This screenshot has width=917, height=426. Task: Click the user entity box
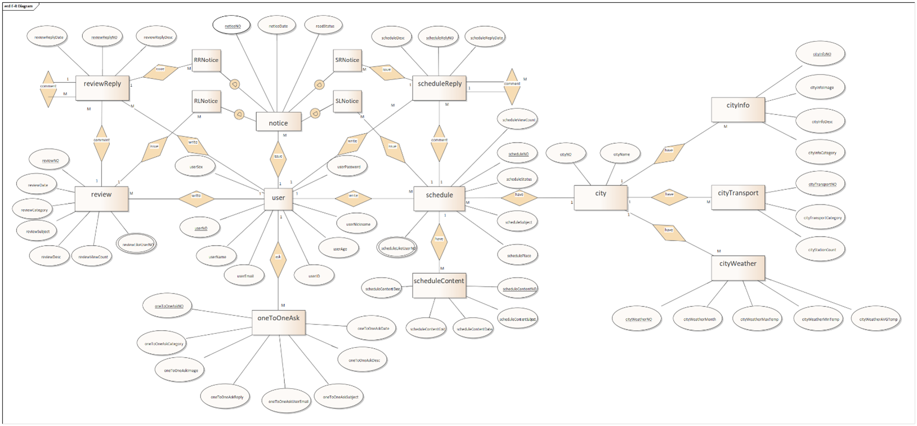pos(278,198)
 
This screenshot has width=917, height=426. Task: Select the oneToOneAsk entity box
pos(278,318)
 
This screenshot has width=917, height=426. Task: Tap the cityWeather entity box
pos(737,264)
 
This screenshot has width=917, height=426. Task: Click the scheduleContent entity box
pos(439,281)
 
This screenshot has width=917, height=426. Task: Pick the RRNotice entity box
pos(205,60)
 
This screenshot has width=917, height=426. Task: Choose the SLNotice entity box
pos(347,101)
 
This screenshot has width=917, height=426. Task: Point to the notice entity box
pos(278,123)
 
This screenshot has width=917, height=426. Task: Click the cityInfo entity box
pos(737,106)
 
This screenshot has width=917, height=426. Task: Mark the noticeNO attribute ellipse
pos(232,26)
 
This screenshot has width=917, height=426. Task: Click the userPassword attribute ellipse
pos(348,167)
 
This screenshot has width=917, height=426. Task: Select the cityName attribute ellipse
pos(621,154)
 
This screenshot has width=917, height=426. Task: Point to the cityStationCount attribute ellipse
pos(822,250)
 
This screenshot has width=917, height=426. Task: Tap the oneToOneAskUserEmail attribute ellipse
pos(288,402)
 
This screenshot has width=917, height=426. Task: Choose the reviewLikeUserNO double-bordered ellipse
pos(137,244)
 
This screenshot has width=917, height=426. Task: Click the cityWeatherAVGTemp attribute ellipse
pos(878,319)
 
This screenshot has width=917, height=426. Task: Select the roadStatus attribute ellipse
pos(325,26)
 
